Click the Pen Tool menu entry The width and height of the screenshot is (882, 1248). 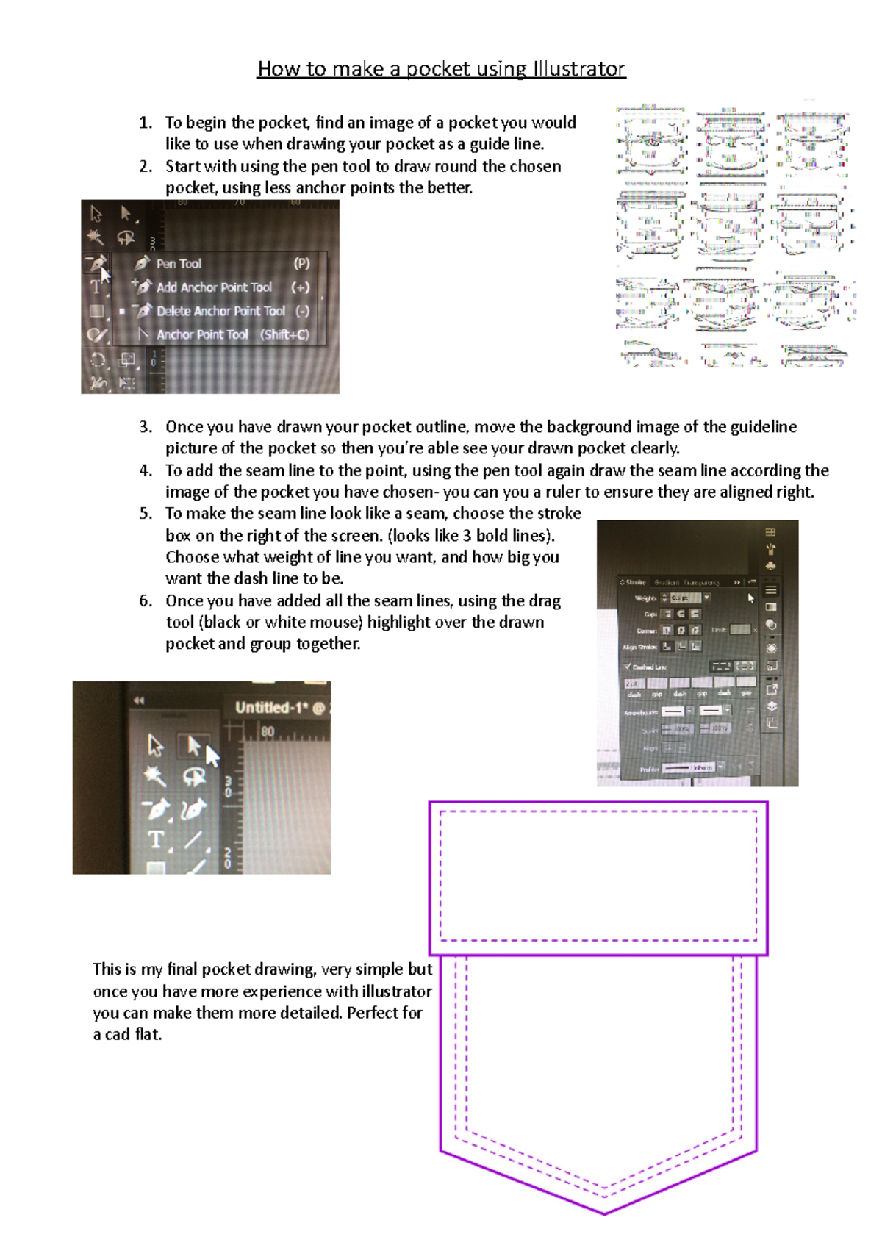coord(179,264)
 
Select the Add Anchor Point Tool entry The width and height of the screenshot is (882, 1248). coord(214,287)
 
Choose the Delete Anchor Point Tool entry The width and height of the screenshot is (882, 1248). coord(220,311)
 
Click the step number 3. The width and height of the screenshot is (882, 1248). coord(146,427)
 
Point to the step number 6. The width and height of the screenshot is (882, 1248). coord(146,601)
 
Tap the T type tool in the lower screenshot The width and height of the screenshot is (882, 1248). coord(155,839)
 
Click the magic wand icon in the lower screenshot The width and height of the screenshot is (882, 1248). coord(154,776)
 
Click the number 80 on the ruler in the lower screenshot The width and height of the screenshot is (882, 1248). coord(268,732)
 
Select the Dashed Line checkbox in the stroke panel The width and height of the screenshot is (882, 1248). coord(628,667)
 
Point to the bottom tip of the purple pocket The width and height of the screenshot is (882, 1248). coord(604,1213)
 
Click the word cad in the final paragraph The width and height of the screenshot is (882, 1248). coord(117,1035)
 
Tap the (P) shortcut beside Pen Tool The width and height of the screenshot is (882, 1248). coord(301,264)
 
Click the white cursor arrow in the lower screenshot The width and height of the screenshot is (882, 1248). coord(212,756)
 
